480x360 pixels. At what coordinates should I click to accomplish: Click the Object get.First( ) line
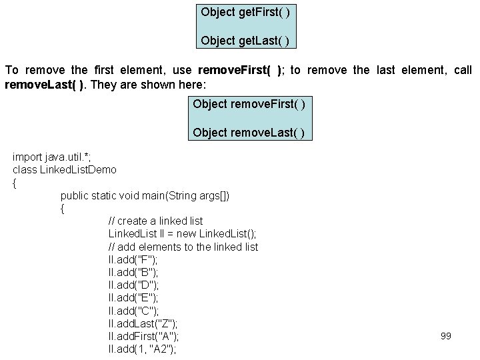pyautogui.click(x=245, y=12)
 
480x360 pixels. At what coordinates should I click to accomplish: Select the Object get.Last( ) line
pyautogui.click(x=245, y=41)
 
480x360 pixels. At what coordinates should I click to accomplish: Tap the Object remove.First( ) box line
pyautogui.click(x=249, y=104)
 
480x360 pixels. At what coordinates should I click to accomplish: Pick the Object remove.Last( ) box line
pyautogui.click(x=249, y=133)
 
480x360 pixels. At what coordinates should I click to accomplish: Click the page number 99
pyautogui.click(x=446, y=336)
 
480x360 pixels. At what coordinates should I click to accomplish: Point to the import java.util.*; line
pyautogui.click(x=51, y=157)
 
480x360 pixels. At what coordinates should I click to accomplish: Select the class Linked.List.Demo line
pyautogui.click(x=65, y=170)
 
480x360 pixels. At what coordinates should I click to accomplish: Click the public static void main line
pyautogui.click(x=145, y=195)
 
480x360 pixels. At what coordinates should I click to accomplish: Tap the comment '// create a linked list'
pyautogui.click(x=155, y=221)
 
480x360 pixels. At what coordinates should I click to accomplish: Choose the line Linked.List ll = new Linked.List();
pyautogui.click(x=182, y=233)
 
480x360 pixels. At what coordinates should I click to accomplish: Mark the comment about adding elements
pyautogui.click(x=183, y=247)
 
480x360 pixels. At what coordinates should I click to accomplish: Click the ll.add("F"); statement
pyautogui.click(x=133, y=259)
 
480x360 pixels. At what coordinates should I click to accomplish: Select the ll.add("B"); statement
pyautogui.click(x=133, y=272)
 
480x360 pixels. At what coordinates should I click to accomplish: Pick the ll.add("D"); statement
pyautogui.click(x=133, y=285)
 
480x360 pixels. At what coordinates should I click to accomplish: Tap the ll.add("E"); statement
pyautogui.click(x=133, y=297)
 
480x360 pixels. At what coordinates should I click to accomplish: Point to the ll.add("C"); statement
pyautogui.click(x=133, y=311)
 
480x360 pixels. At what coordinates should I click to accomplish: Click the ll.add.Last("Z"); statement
pyautogui.click(x=143, y=323)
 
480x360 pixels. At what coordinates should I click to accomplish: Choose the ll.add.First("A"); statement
pyautogui.click(x=143, y=336)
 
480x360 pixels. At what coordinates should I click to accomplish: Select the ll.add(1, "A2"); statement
pyautogui.click(x=142, y=349)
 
